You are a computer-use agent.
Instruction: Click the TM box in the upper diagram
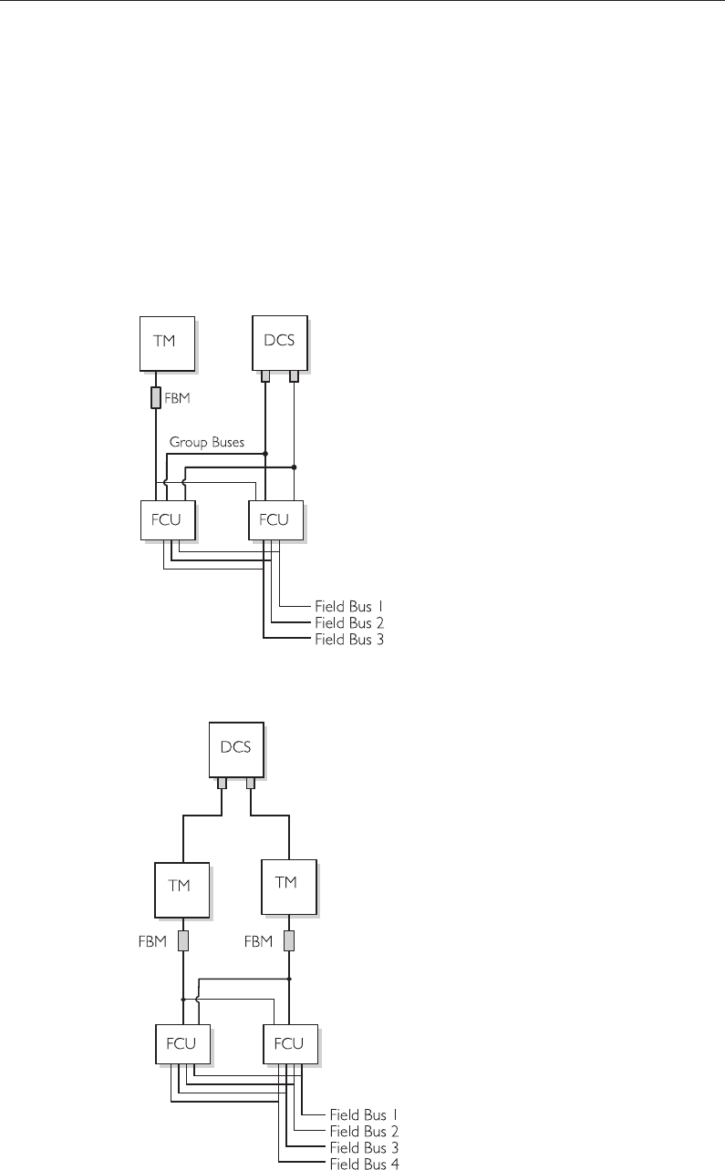(x=167, y=343)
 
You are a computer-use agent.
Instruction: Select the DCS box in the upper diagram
(x=279, y=343)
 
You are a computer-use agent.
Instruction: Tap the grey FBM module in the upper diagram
(x=156, y=398)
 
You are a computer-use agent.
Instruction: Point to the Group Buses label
(x=207, y=442)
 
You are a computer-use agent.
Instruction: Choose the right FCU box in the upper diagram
(x=274, y=519)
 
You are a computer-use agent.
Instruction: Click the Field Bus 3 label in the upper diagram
(x=349, y=641)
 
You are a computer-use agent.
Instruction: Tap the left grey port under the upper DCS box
(x=265, y=375)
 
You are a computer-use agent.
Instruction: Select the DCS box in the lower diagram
(x=236, y=748)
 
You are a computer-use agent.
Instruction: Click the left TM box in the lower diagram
(x=181, y=885)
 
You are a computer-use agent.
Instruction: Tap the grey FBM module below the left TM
(x=183, y=941)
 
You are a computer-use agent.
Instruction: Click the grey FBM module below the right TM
(x=289, y=941)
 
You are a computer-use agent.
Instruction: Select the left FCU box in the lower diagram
(x=182, y=1043)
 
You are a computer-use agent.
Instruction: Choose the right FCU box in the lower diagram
(x=289, y=1043)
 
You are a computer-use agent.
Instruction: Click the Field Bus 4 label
(x=364, y=1164)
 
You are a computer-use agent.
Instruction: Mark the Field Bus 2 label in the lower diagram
(x=363, y=1131)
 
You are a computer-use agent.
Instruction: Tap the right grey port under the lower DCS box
(x=251, y=783)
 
